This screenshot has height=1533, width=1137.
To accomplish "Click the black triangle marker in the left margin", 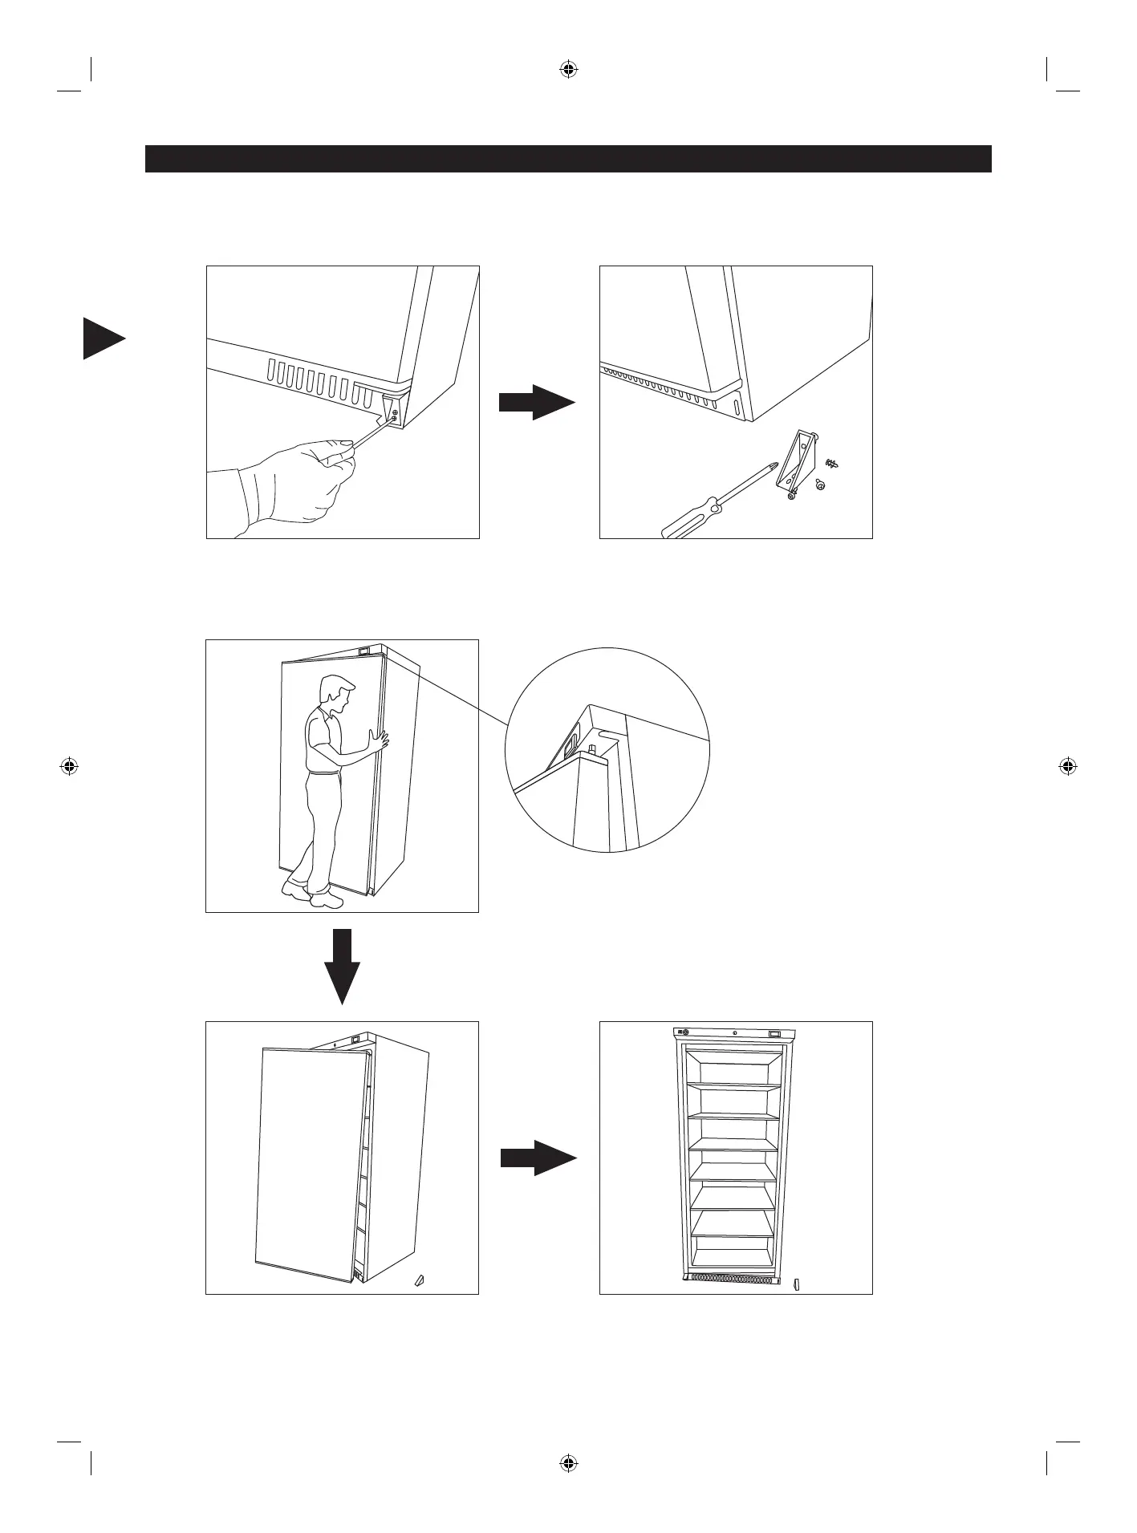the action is pyautogui.click(x=101, y=339).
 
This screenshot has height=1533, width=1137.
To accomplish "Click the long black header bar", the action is pyautogui.click(x=568, y=159).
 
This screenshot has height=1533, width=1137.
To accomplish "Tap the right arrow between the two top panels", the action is pyautogui.click(x=536, y=401).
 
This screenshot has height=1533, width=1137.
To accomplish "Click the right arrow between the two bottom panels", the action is pyautogui.click(x=538, y=1158).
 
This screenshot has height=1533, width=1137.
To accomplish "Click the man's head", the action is pyautogui.click(x=335, y=692).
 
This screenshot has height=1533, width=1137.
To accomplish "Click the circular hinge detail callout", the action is pyautogui.click(x=607, y=750).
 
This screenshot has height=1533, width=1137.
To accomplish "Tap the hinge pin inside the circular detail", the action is pyautogui.click(x=592, y=750).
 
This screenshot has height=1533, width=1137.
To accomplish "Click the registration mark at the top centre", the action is pyautogui.click(x=568, y=70).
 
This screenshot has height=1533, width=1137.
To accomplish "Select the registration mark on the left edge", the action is pyautogui.click(x=69, y=766).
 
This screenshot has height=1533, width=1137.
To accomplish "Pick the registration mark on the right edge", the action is pyautogui.click(x=1067, y=766).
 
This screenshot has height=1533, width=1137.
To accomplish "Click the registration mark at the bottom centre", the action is pyautogui.click(x=568, y=1462).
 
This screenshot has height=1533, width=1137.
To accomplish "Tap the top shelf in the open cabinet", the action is pyautogui.click(x=734, y=1085).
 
